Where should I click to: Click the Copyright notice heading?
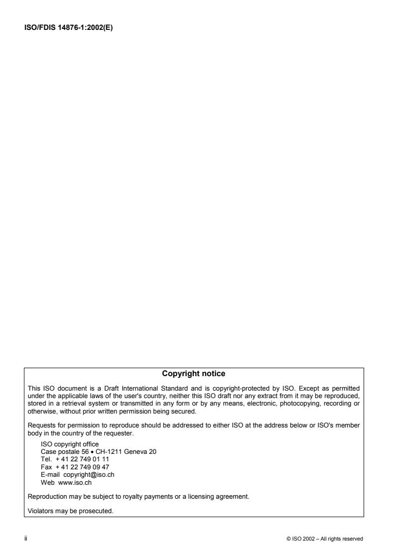(194, 374)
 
